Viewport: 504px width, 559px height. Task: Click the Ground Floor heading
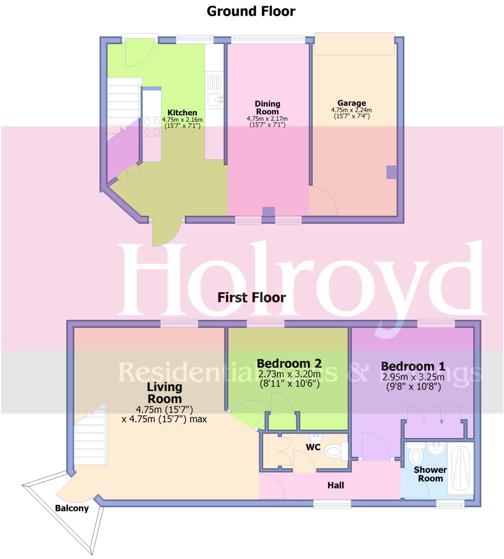[x=251, y=11]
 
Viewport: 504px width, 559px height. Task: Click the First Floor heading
[x=252, y=298]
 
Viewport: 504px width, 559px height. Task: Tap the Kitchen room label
[x=182, y=113]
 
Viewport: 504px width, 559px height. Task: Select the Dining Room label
[x=267, y=107]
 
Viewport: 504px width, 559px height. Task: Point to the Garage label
[x=352, y=104]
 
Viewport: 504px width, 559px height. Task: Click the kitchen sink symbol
[x=215, y=100]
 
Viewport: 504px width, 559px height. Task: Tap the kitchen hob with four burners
[x=151, y=127]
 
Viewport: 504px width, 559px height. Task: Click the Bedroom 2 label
[x=289, y=363]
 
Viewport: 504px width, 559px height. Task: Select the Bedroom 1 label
[x=413, y=366]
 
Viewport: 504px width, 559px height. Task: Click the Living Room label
[x=165, y=393]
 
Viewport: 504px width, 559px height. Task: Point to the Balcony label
[x=72, y=508]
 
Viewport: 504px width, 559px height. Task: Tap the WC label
[x=313, y=447]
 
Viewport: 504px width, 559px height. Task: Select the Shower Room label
[x=430, y=474]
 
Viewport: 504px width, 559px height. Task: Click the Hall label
[x=336, y=485]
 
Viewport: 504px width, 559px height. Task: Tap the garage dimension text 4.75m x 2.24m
[x=352, y=110]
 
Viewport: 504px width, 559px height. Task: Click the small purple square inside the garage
[x=391, y=173]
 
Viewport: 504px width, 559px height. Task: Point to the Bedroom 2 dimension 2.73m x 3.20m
[x=289, y=374]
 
